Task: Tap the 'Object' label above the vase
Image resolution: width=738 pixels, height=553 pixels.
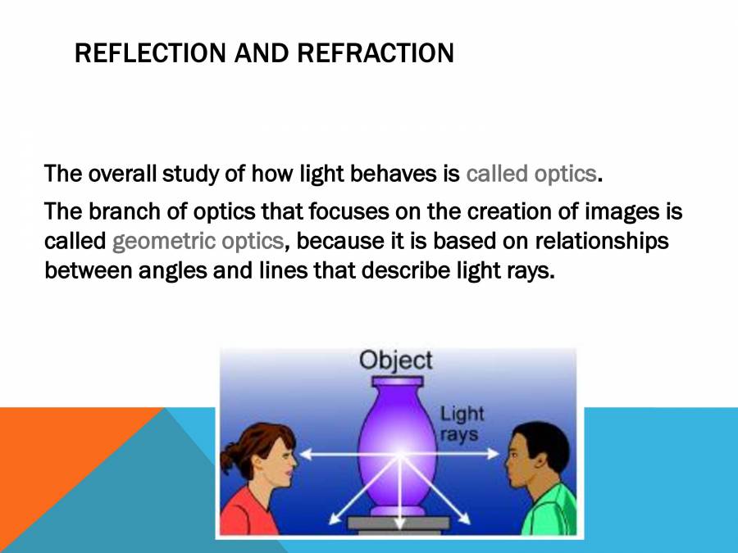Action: point(396,360)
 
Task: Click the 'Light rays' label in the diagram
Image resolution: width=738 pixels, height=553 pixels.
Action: point(462,424)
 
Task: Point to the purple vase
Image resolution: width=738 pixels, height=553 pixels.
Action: point(399,446)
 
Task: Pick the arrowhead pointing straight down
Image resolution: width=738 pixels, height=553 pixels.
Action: point(399,524)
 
